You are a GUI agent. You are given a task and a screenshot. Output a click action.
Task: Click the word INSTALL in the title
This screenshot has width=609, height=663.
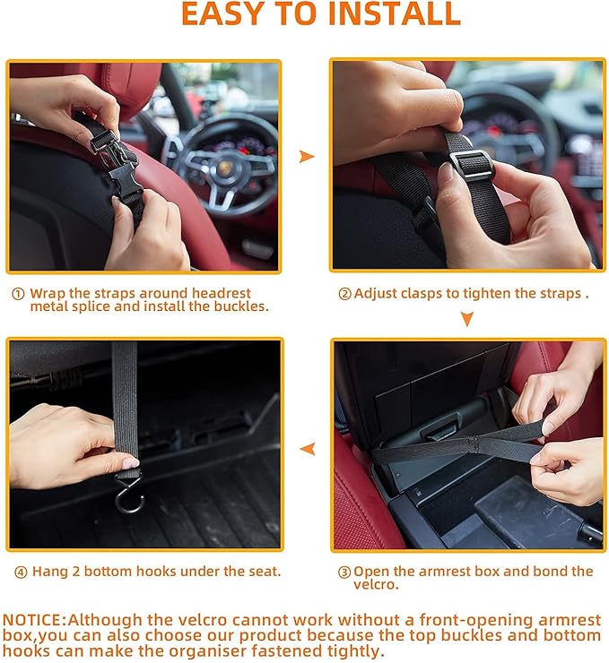[x=392, y=14]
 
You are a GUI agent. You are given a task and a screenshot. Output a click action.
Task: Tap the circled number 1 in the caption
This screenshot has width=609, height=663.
[x=18, y=294]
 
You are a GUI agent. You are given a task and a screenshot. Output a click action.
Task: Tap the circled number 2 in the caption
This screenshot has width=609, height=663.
[x=344, y=294]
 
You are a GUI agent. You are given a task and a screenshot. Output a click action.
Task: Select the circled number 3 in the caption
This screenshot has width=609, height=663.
[x=344, y=572]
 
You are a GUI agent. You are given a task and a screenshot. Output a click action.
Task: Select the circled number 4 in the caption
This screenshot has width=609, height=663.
[x=20, y=572]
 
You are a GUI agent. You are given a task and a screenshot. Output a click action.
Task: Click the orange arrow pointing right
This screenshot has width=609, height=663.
[x=307, y=157]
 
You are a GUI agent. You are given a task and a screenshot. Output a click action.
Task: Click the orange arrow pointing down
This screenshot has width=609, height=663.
[x=466, y=319]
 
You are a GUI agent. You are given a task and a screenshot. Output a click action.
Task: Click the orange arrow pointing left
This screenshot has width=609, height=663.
[x=307, y=448]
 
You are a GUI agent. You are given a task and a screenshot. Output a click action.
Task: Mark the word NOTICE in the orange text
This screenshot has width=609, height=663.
[x=33, y=619]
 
